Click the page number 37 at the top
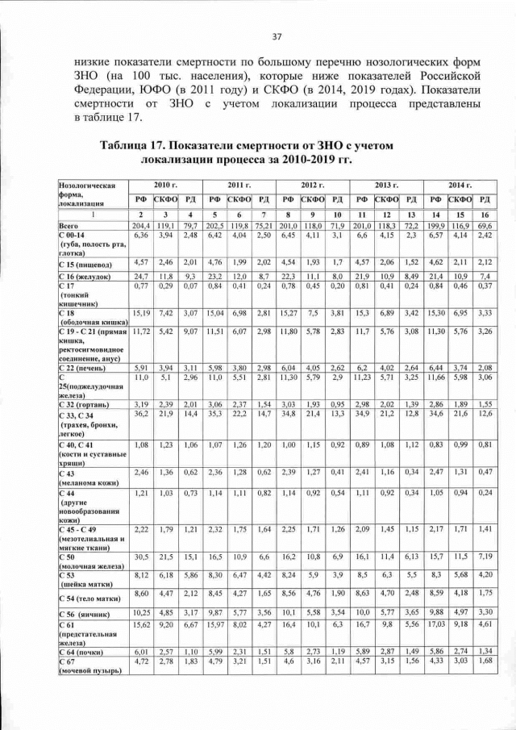tap(277, 36)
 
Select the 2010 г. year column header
tap(166, 186)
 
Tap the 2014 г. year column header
tap(459, 186)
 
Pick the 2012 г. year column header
tap(313, 186)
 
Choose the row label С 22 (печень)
tap(82, 368)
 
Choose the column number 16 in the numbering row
tap(485, 215)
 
